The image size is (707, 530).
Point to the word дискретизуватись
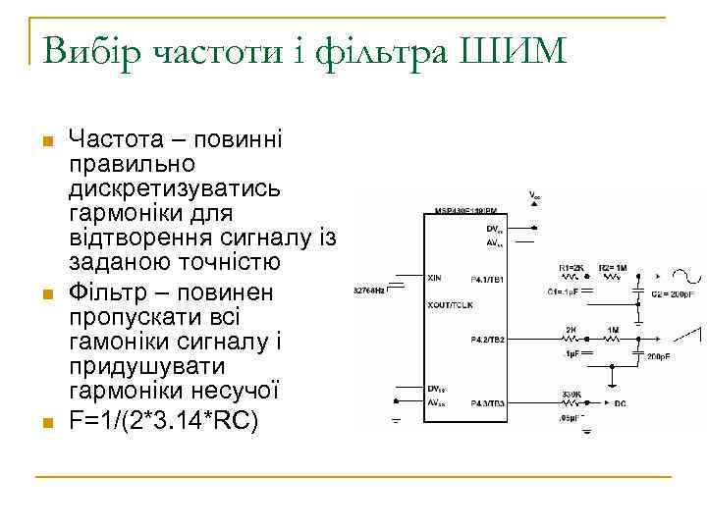coord(176,187)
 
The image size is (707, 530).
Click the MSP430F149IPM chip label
coord(465,211)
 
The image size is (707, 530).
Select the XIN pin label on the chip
coord(436,279)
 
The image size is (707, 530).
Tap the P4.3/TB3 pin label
coord(487,403)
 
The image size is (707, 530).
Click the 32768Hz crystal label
coord(370,291)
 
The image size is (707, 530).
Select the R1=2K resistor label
coord(571,267)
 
